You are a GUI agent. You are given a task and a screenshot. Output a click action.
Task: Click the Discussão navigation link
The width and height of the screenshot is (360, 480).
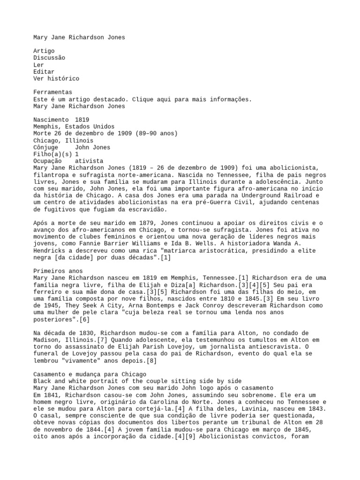click(49, 58)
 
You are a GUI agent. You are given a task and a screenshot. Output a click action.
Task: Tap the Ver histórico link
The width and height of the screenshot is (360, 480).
click(56, 79)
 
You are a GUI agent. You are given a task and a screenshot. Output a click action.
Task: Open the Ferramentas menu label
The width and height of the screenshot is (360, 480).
click(52, 92)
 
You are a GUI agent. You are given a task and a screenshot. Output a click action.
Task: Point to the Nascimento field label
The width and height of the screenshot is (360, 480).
click(51, 120)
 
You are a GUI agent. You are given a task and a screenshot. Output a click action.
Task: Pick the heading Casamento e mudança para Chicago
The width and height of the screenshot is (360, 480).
click(90, 374)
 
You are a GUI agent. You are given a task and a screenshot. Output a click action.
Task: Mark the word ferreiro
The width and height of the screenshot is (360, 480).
click(47, 292)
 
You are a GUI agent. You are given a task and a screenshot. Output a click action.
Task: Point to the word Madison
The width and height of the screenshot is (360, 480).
click(46, 340)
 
